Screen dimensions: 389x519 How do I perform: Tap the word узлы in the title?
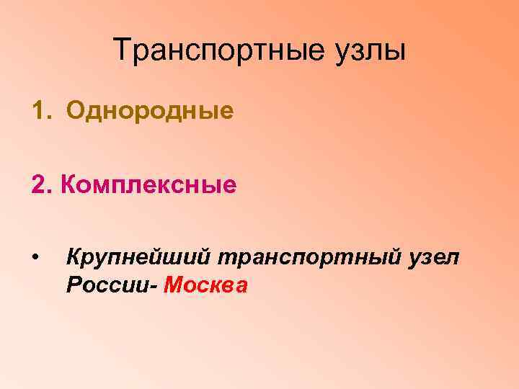coord(371,52)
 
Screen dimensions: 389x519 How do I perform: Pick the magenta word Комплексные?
coord(149,187)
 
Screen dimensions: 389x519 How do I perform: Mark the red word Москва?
coord(205,286)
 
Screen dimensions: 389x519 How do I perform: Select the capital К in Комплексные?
coord(68,185)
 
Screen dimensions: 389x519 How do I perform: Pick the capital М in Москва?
coord(173,285)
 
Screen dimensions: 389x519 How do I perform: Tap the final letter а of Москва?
coord(242,287)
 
